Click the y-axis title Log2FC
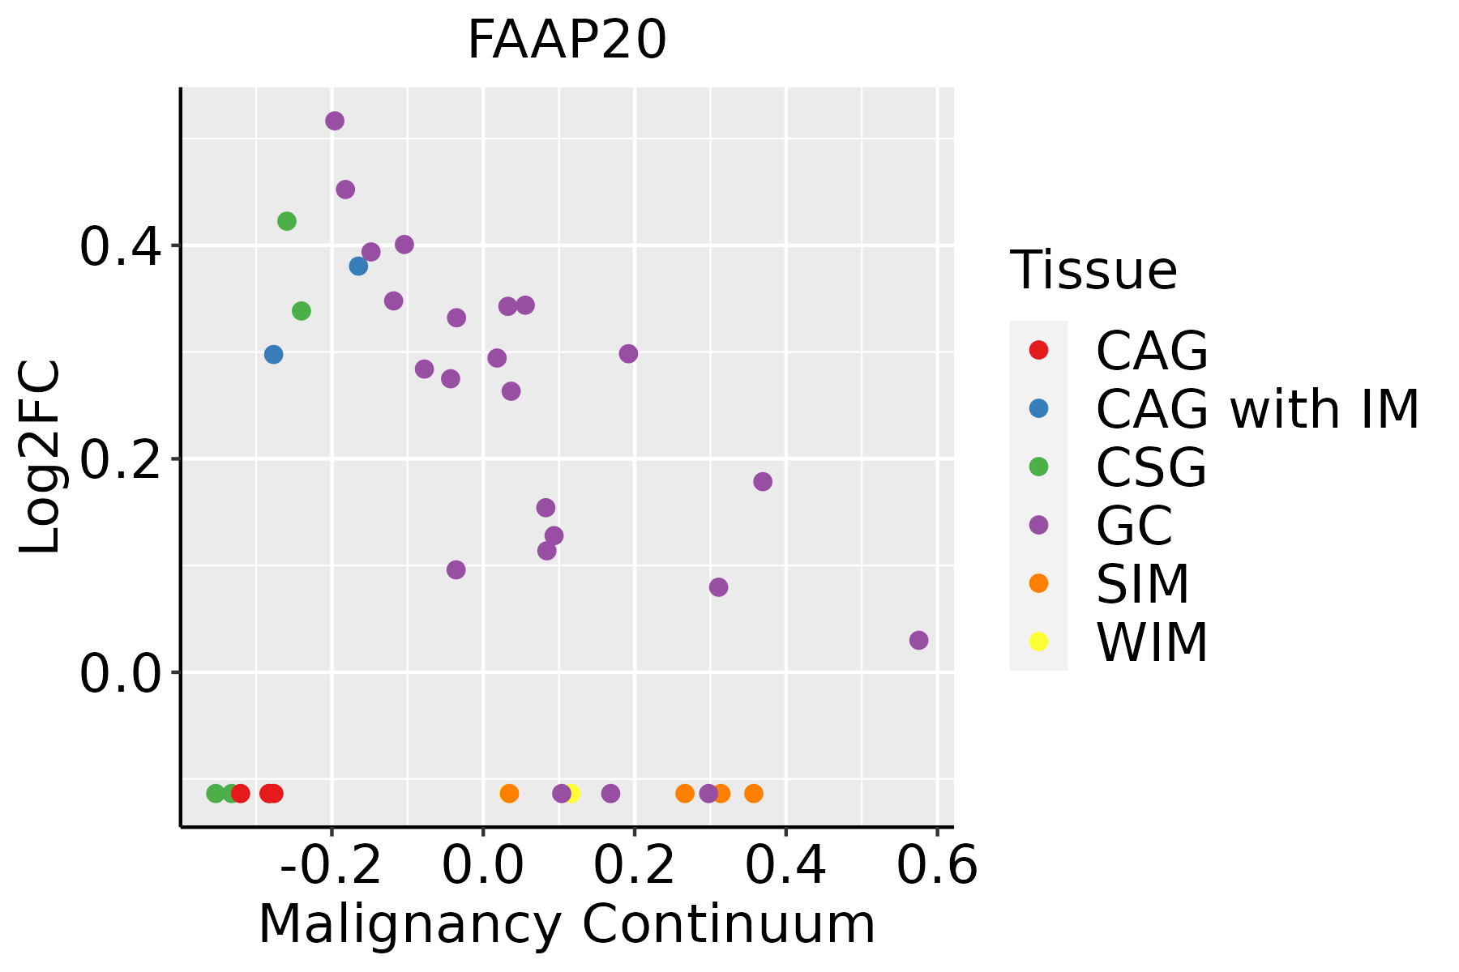41,458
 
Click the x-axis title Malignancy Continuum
567,924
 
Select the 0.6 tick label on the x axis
937,866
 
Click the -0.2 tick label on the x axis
332,866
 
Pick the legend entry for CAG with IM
1256,409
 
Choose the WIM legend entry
1152,642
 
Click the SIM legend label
1143,584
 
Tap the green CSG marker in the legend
1038,467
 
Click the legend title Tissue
1093,271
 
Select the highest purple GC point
335,121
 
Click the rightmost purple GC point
918,641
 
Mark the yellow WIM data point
572,793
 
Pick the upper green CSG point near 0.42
287,221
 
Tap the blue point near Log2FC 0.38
358,266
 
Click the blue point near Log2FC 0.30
273,355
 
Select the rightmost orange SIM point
754,793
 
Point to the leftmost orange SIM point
509,793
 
